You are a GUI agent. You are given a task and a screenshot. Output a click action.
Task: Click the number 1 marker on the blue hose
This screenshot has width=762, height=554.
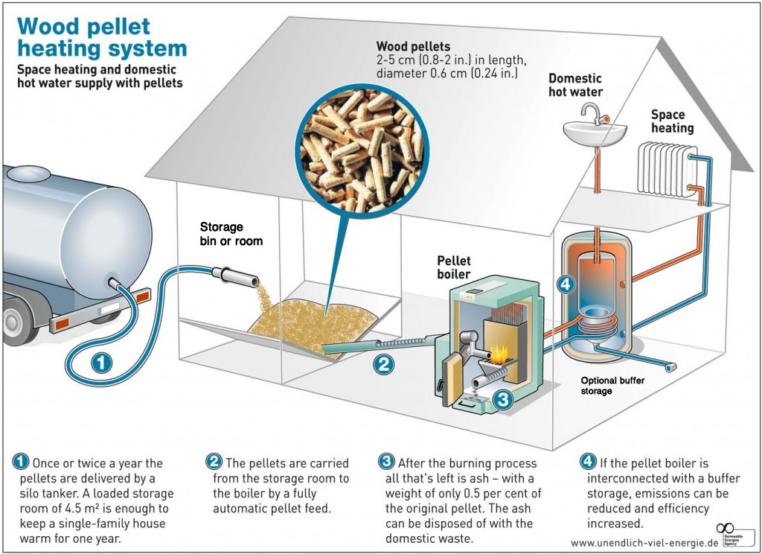point(103,363)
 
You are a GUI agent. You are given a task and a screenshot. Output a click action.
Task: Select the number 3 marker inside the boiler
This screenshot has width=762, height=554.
point(503,399)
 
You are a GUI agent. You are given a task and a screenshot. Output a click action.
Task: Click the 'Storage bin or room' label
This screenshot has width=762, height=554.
point(231,234)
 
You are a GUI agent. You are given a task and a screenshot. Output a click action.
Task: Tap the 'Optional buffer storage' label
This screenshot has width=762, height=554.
point(612,385)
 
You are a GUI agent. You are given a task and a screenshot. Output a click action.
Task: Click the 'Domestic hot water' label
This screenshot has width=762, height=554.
point(576,85)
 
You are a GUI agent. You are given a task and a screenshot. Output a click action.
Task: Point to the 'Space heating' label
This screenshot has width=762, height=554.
point(672,121)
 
